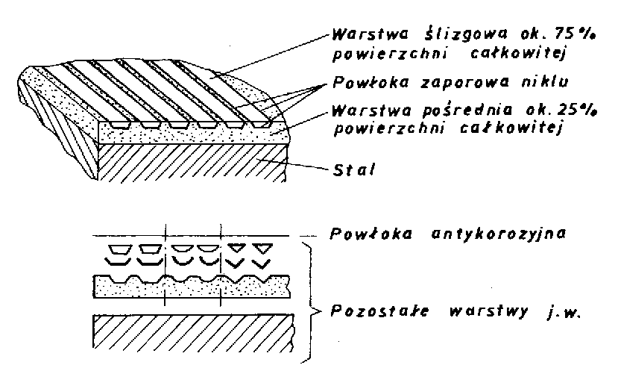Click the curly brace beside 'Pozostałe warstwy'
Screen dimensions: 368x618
pos(306,306)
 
